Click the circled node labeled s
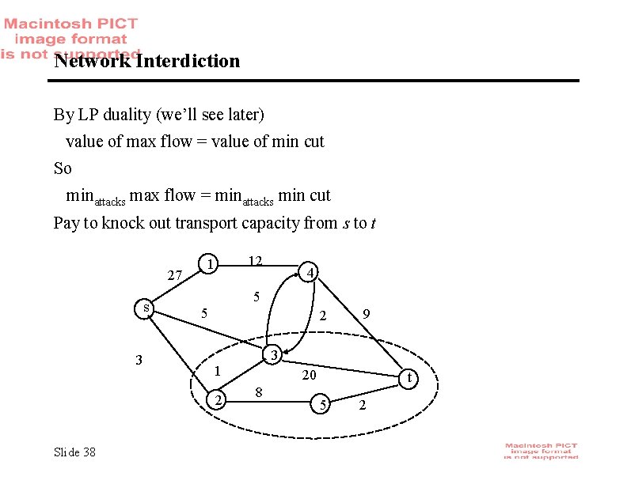coord(143,308)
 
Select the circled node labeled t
coord(409,379)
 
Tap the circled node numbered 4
coord(311,273)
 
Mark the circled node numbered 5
coord(321,406)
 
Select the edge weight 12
coord(255,261)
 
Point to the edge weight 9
coord(365,315)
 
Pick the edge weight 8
coord(259,391)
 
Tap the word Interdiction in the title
coord(187,61)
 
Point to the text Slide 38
coord(74,452)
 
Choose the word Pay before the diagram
coord(66,223)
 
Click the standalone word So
coord(63,168)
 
